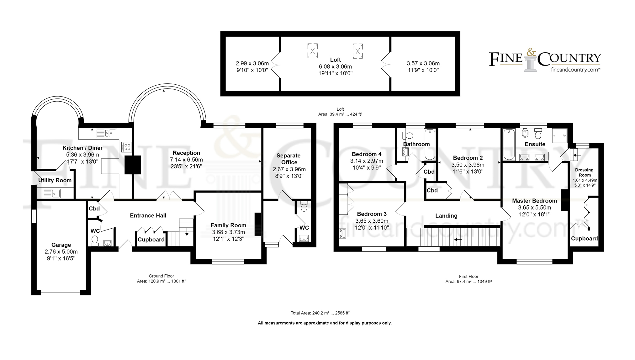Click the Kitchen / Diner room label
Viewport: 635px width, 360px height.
point(82,148)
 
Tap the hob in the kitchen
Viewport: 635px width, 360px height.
point(126,147)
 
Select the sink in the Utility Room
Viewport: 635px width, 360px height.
point(51,193)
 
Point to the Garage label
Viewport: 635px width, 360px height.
point(61,245)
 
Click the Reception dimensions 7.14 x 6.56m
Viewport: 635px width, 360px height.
point(186,160)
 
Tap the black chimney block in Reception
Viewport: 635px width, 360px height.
point(133,165)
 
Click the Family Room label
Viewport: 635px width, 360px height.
point(228,225)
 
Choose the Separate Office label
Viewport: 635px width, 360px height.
point(288,159)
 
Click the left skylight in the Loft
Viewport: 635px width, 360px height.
point(312,51)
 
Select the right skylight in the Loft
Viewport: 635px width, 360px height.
point(357,51)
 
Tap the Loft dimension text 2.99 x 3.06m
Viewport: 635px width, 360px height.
point(252,63)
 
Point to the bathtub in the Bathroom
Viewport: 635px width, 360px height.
point(430,145)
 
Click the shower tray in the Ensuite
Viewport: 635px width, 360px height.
point(560,136)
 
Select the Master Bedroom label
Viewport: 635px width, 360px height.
point(534,201)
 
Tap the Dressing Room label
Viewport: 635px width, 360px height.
point(585,172)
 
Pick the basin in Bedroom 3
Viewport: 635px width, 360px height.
point(342,234)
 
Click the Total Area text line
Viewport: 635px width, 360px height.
point(320,313)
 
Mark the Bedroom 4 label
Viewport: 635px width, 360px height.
point(367,154)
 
